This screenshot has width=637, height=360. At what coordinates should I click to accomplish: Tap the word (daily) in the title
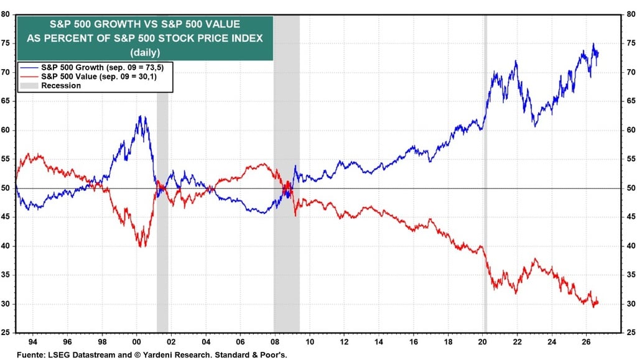point(145,52)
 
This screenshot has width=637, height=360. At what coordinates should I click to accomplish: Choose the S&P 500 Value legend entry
point(88,76)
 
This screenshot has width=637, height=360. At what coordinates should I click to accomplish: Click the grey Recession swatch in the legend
point(29,86)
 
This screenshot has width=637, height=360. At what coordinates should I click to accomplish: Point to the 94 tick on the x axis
point(33,342)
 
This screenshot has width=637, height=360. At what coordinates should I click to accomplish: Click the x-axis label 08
point(275,342)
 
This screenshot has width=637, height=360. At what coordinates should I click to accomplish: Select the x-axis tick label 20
point(482,342)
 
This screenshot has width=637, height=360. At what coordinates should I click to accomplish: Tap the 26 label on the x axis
point(586,342)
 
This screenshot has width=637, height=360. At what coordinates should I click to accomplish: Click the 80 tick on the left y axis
point(5,14)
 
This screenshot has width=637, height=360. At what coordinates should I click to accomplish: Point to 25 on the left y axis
point(5,333)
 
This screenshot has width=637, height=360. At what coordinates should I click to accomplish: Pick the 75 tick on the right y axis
point(631,44)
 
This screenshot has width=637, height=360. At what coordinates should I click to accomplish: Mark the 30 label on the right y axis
point(631,304)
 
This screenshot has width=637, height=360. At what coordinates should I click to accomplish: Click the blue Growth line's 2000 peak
point(140,116)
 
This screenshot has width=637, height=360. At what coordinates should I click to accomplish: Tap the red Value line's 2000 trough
point(141,246)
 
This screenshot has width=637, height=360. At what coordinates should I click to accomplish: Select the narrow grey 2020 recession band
point(485,173)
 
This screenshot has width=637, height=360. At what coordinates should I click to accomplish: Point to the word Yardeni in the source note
point(157,355)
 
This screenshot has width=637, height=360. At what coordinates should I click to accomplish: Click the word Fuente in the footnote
point(31,355)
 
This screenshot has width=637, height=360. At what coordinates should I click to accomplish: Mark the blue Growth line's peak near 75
point(593,44)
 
